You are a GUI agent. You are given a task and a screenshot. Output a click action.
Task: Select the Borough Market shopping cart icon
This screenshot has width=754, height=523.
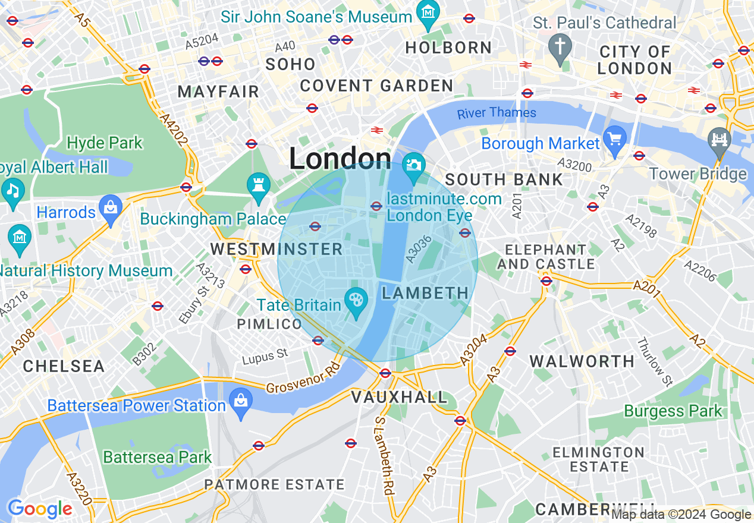[x=615, y=138]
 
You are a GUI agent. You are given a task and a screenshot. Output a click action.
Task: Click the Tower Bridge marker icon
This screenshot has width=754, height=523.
[x=719, y=140]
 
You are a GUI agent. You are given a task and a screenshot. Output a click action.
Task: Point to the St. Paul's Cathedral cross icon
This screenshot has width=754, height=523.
[x=560, y=45]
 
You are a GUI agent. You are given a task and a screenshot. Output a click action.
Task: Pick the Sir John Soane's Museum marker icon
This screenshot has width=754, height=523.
[x=427, y=12]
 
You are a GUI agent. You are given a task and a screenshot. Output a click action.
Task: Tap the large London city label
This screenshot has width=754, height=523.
[x=340, y=159]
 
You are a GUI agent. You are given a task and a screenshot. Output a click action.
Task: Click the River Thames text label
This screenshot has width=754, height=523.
[x=497, y=112]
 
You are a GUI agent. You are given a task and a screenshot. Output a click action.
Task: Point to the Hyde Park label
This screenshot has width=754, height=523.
[x=105, y=143]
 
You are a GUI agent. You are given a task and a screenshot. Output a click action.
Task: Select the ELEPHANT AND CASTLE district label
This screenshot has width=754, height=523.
[x=546, y=256]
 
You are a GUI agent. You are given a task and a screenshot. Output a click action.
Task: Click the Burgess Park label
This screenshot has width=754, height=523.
[x=673, y=411]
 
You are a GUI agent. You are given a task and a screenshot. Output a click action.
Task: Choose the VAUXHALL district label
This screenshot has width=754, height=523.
[x=399, y=397]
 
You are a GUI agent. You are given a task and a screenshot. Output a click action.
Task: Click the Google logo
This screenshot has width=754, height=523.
[x=40, y=509]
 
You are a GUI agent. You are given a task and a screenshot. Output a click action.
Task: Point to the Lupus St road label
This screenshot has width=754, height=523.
[x=265, y=357]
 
